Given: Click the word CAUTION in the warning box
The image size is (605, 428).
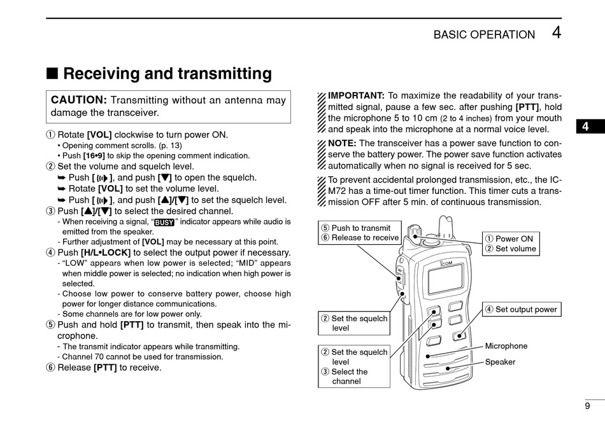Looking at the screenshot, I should click(78, 100).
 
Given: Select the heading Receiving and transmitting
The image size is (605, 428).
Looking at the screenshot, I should click(167, 74).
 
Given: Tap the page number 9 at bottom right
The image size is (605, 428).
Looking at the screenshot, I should click(587, 406).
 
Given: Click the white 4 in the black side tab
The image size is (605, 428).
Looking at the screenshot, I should click(585, 127).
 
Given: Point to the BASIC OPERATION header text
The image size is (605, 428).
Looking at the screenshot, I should click(484, 35).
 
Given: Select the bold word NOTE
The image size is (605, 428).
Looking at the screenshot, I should click(341, 143).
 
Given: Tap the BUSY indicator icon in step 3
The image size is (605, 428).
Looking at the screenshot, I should click(164, 223).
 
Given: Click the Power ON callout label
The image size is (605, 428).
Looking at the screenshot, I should click(514, 238).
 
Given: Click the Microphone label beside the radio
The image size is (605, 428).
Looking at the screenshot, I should click(506, 346).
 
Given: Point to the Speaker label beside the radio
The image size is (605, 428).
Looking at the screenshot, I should click(501, 362).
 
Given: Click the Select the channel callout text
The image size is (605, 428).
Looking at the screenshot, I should click(349, 376).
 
